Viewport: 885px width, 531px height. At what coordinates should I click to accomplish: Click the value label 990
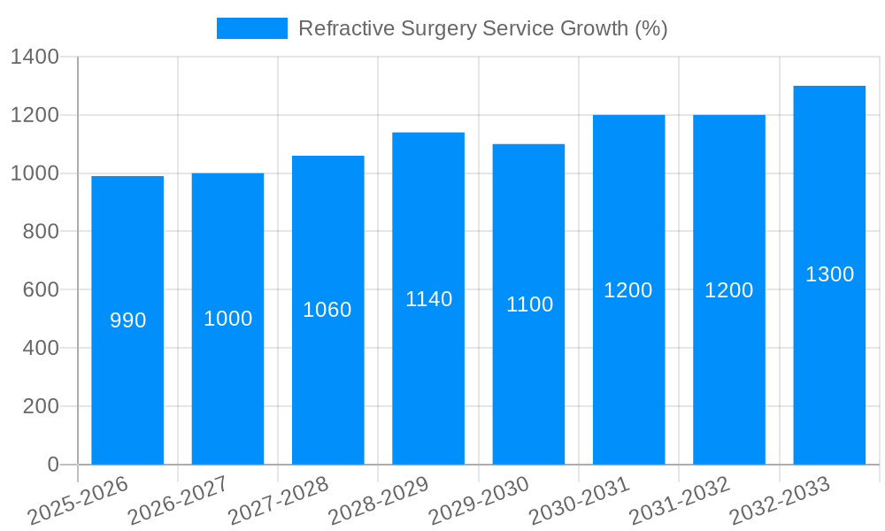[x=127, y=320]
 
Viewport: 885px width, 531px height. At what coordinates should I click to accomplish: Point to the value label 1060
[x=327, y=310]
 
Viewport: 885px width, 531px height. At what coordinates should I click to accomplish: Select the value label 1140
[x=428, y=299]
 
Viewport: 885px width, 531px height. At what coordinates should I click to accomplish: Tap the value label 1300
[x=829, y=274]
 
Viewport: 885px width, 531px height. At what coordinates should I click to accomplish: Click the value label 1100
[x=529, y=304]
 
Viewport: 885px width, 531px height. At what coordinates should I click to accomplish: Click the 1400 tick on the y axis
[x=35, y=58]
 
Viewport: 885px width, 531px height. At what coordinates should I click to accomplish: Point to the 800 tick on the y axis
[x=41, y=232]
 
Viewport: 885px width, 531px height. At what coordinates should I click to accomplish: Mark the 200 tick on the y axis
[x=41, y=406]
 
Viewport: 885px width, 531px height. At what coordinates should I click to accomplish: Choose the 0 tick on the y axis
[x=52, y=465]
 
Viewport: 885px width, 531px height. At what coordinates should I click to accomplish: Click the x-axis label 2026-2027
[x=178, y=501]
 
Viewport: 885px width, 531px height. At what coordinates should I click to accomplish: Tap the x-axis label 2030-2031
[x=580, y=501]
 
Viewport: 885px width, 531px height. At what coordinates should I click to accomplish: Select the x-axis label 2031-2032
[x=680, y=501]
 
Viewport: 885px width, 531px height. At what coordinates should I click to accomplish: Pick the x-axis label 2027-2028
[x=279, y=501]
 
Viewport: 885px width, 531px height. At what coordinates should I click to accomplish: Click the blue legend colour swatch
[x=252, y=28]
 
